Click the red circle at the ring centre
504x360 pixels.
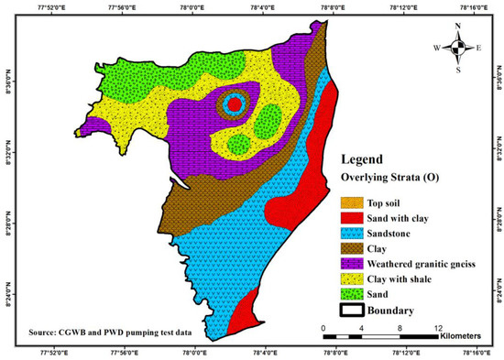pyautogui.click(x=234, y=104)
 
